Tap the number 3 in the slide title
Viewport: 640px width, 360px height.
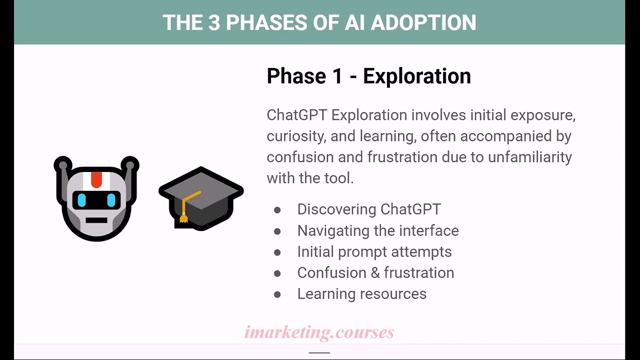point(214,23)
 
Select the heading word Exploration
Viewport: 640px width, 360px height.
point(416,76)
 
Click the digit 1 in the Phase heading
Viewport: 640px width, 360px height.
point(336,76)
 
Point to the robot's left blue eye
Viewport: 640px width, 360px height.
point(81,200)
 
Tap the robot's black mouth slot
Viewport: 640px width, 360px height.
point(96,220)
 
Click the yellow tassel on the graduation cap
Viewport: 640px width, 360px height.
point(184,217)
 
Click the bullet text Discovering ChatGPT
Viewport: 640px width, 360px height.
point(368,209)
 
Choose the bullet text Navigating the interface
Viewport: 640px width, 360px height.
point(377,230)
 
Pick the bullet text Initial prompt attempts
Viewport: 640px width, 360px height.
point(374,251)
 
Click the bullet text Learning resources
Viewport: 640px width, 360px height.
point(361,294)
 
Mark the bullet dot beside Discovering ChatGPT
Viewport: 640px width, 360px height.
point(277,210)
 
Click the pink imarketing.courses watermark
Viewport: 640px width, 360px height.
point(319,332)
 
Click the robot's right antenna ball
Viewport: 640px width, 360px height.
point(130,164)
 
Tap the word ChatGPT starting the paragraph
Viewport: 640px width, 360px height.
point(296,115)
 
